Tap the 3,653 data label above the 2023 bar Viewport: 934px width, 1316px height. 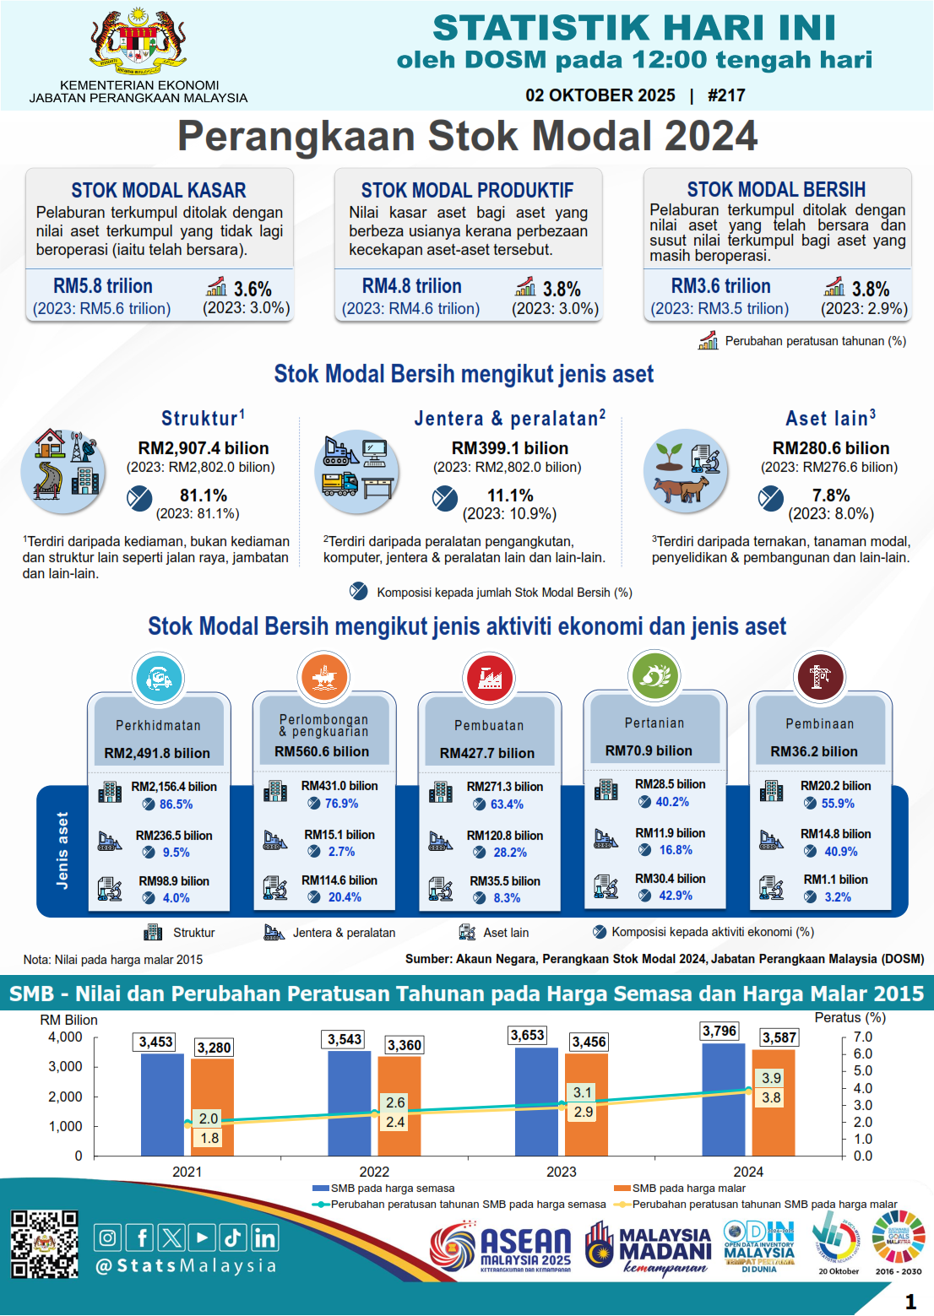[528, 1035]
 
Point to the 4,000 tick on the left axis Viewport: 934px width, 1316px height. [66, 1037]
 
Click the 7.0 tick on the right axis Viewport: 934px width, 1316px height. [862, 1037]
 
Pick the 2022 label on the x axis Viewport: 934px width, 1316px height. [374, 1172]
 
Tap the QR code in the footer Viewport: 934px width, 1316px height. [44, 1244]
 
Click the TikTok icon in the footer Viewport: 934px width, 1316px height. [233, 1237]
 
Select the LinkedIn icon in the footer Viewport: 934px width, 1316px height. [264, 1237]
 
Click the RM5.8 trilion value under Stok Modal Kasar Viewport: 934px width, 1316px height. [103, 286]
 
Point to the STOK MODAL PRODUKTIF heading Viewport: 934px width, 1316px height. [467, 190]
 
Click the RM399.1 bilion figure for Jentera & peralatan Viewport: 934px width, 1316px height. [510, 448]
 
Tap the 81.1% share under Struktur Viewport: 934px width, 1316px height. [204, 496]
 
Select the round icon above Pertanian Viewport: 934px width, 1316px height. [654, 675]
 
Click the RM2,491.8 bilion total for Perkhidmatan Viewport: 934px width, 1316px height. [157, 753]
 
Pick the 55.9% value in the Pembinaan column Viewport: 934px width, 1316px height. [838, 804]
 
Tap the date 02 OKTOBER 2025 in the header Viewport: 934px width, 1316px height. [600, 95]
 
